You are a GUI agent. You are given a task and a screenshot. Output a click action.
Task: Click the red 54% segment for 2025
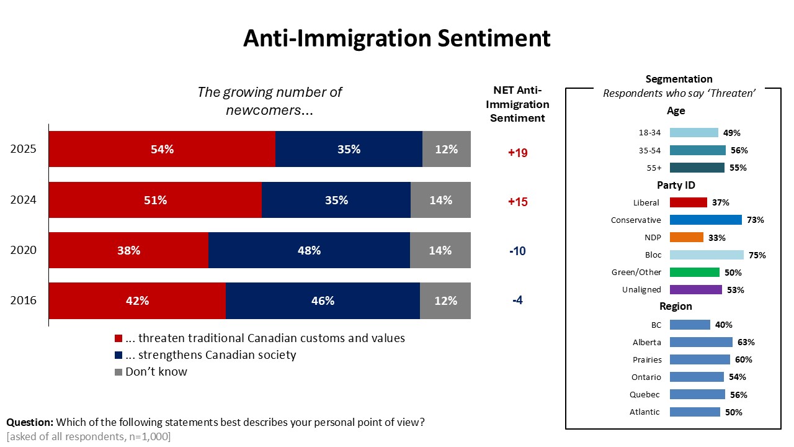point(162,149)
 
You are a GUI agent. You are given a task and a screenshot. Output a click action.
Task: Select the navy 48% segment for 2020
point(309,250)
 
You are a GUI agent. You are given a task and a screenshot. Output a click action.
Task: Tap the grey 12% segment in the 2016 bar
point(445,300)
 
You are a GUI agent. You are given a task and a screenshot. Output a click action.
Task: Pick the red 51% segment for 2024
point(155,200)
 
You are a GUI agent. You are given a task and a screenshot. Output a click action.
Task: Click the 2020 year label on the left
point(24,250)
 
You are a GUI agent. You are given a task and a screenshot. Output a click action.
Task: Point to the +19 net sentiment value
point(517,153)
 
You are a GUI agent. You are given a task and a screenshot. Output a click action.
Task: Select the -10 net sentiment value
point(517,251)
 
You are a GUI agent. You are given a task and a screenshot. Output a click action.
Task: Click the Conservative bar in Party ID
point(706,220)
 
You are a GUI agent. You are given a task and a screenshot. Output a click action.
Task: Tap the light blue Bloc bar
point(707,255)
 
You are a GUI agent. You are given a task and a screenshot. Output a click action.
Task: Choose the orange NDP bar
point(687,237)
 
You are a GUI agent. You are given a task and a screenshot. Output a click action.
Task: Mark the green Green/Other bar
point(695,272)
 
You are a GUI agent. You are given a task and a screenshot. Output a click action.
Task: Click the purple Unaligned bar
point(696,289)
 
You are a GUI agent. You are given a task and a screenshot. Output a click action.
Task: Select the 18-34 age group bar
point(694,132)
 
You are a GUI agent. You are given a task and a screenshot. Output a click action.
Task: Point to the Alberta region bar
point(701,342)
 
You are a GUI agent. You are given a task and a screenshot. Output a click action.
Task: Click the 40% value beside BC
point(724,325)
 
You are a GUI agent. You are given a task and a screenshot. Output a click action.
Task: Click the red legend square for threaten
point(119,339)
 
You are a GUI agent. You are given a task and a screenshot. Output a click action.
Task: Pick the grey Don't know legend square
point(119,372)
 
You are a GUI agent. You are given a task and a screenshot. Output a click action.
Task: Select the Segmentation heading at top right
point(679,79)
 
